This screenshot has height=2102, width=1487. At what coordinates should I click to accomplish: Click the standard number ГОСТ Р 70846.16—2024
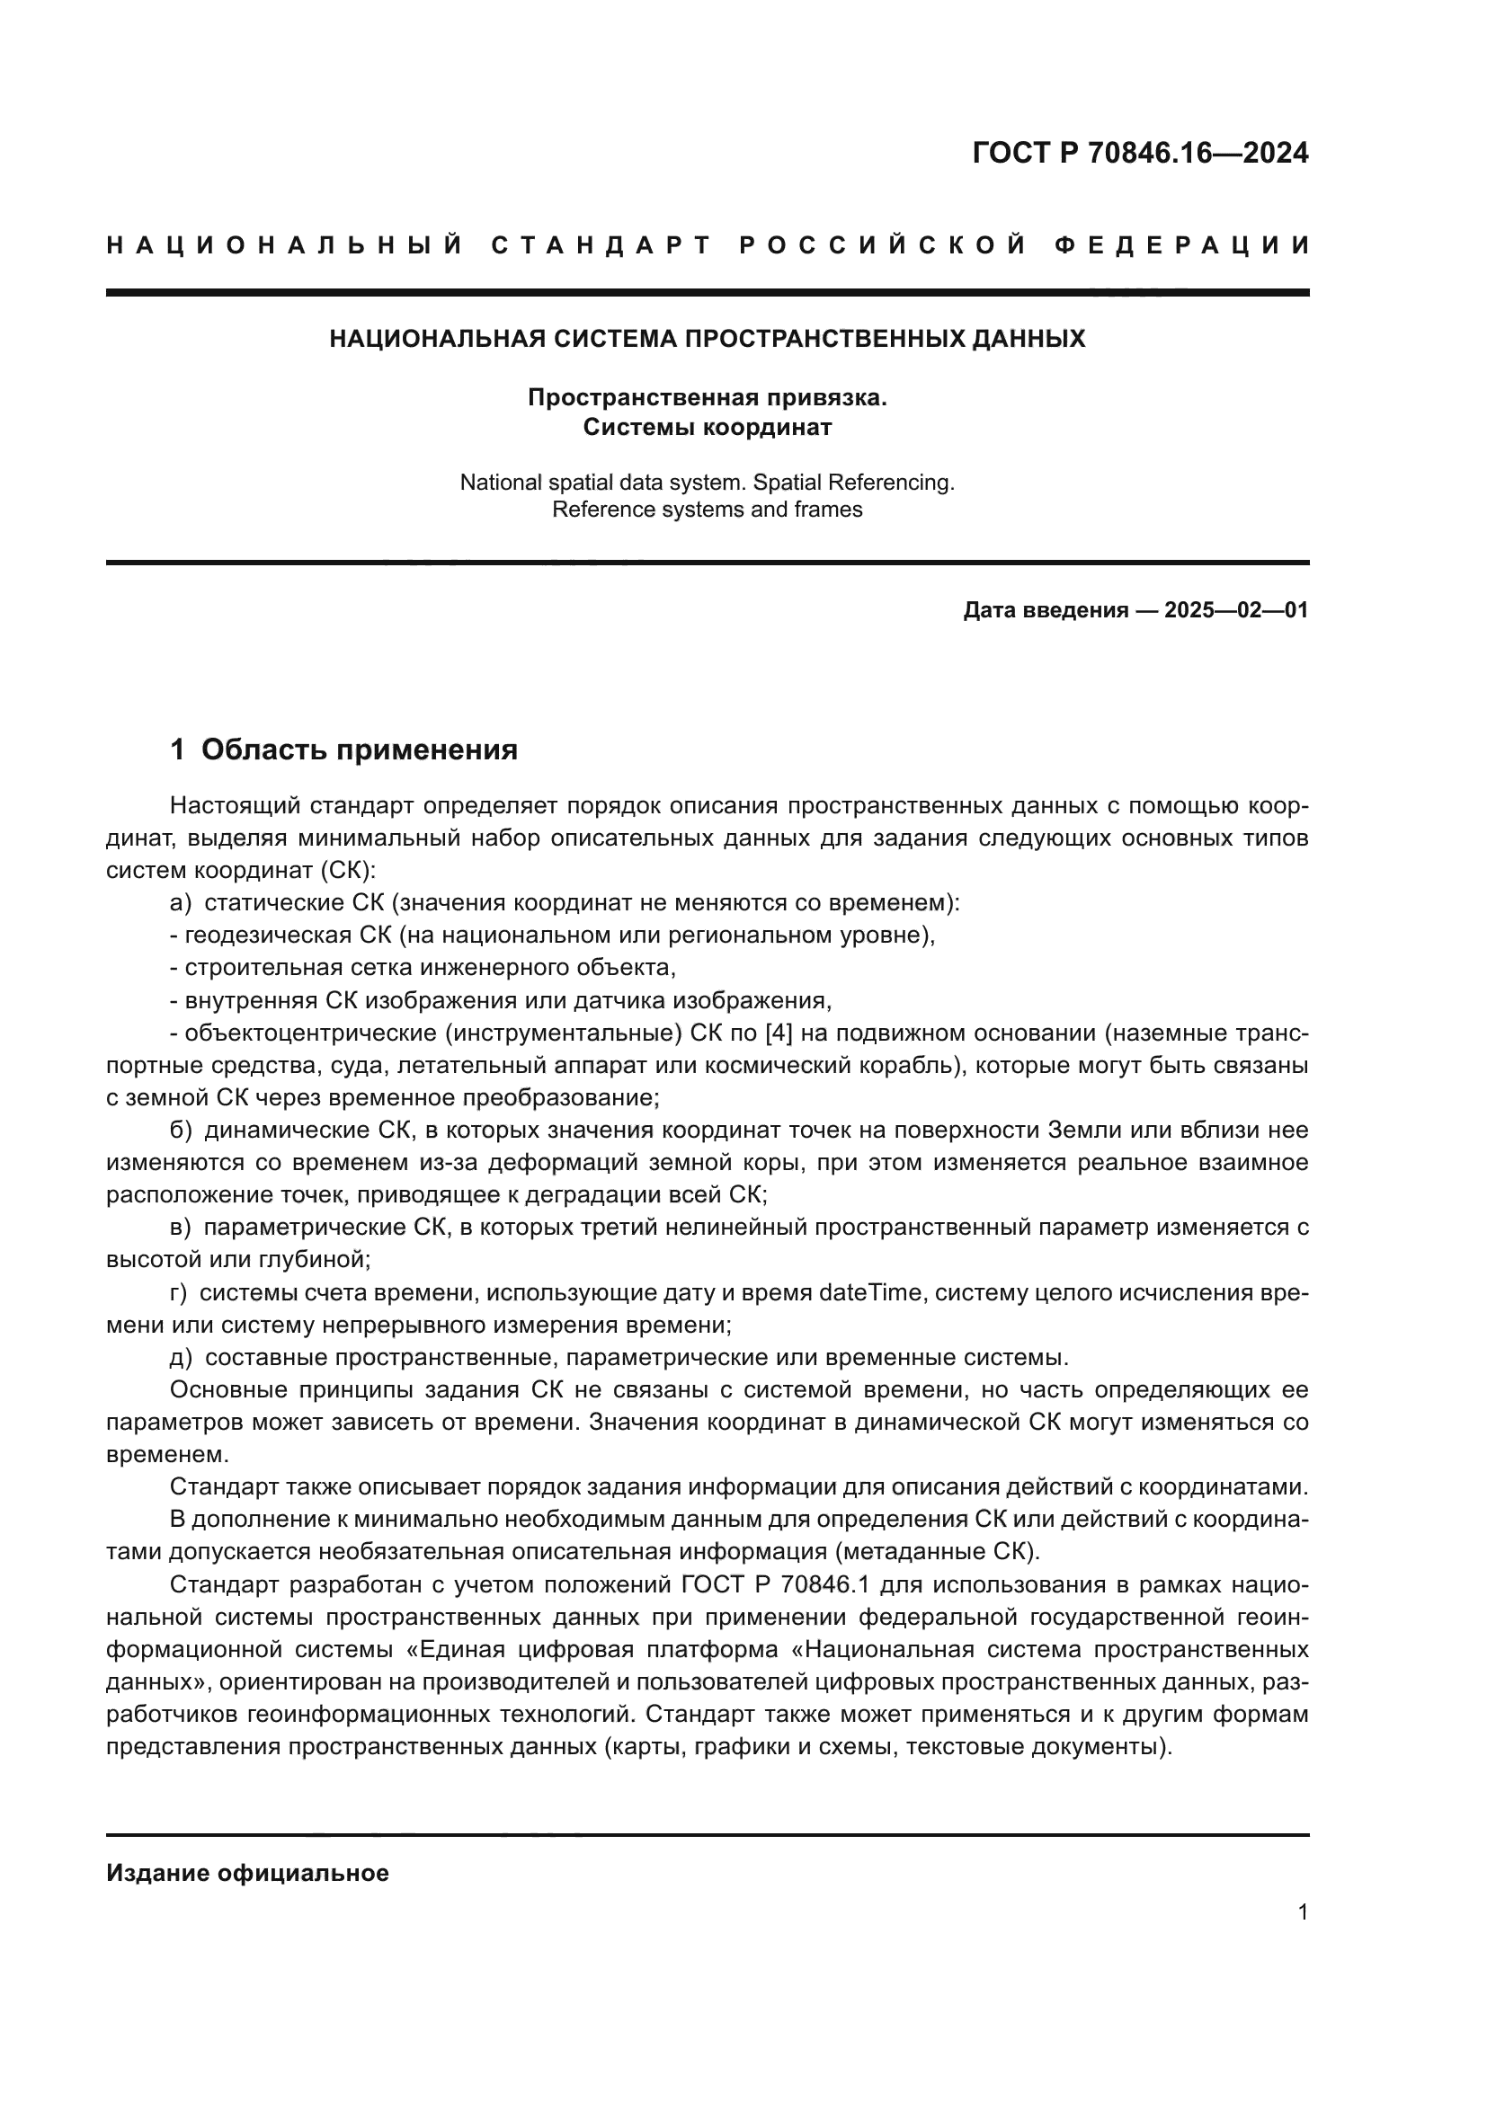(x=1140, y=153)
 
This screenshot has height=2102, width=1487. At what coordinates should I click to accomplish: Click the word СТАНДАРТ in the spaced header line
(x=601, y=245)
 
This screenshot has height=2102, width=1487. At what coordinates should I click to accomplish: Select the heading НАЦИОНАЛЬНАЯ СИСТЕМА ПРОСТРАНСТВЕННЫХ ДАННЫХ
(x=707, y=339)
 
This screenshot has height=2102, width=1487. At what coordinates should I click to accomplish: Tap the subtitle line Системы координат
(x=707, y=428)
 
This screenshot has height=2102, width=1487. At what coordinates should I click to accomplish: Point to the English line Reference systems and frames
(x=707, y=509)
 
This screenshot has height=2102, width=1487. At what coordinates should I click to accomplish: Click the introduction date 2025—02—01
(x=1235, y=610)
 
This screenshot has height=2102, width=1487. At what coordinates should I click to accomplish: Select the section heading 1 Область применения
(x=343, y=749)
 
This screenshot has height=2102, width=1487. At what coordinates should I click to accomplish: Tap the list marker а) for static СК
(x=181, y=902)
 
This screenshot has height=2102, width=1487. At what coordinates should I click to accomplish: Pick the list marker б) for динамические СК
(x=181, y=1131)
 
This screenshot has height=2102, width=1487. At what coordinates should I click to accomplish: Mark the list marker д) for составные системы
(x=181, y=1357)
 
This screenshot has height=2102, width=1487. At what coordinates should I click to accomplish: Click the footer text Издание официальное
(x=247, y=1873)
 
